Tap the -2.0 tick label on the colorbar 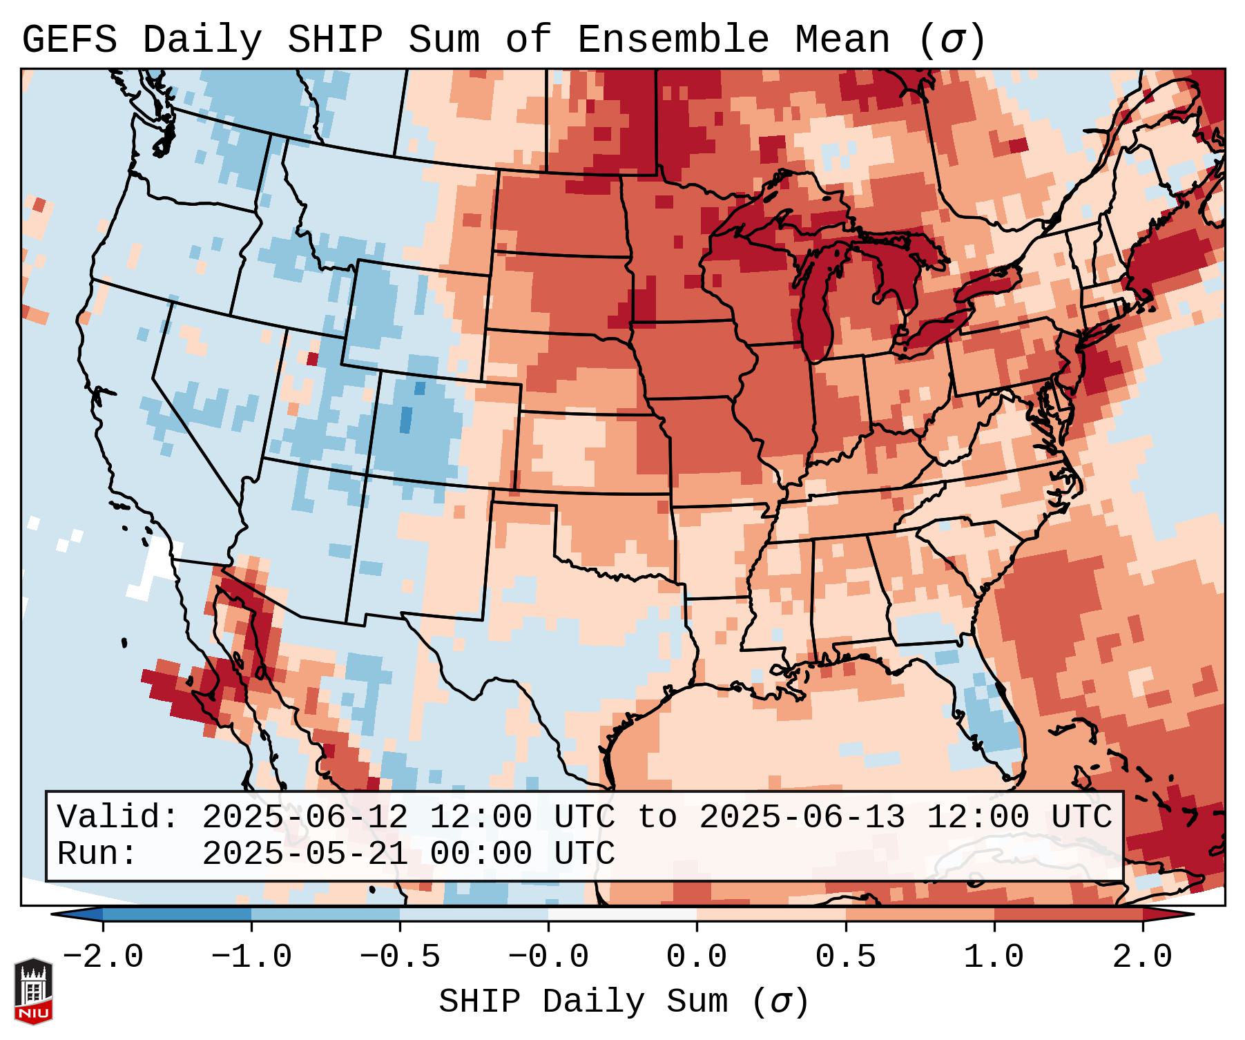tap(103, 957)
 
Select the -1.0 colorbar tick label tap(251, 957)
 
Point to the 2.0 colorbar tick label tap(1143, 957)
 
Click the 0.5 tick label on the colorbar tap(846, 957)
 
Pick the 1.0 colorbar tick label tap(994, 957)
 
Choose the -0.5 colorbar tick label tap(400, 957)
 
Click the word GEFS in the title tap(69, 40)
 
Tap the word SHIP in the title tap(334, 40)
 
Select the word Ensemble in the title tap(673, 40)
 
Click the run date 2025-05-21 tap(305, 854)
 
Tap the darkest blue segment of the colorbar tap(177, 914)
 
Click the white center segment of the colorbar tap(622, 914)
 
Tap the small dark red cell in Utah tap(312, 358)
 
